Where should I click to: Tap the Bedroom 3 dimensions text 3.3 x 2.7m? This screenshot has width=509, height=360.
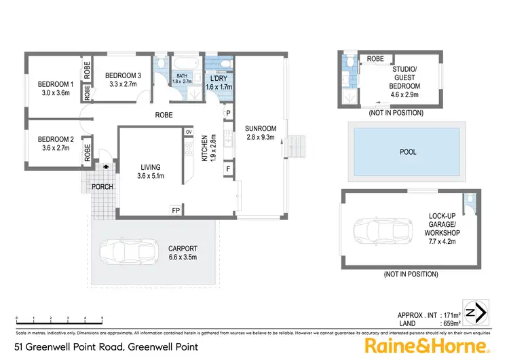coord(123,84)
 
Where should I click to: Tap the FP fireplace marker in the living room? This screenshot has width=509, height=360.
coord(176,210)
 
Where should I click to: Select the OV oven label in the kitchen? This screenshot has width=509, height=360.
coord(189,131)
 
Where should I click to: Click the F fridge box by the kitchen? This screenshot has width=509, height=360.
coord(228,167)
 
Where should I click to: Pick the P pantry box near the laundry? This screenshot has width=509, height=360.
coord(228,113)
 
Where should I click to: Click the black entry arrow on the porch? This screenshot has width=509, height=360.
coord(105,165)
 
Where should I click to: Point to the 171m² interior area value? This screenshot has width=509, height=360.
coord(449,316)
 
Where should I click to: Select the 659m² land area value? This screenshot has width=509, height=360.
coord(449,325)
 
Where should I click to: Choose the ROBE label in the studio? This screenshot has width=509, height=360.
coord(375,59)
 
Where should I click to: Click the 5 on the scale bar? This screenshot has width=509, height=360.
coord(102,319)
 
